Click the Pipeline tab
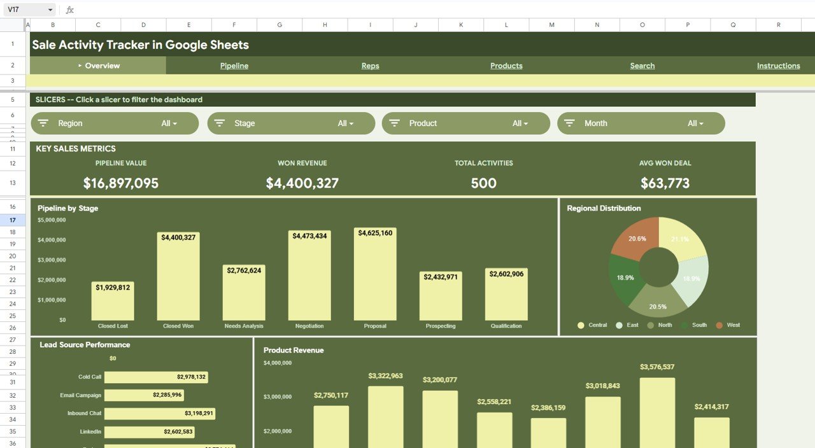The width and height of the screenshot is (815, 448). tap(234, 66)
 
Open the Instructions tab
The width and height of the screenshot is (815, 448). tap(778, 66)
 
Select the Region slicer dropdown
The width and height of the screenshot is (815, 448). tap(115, 123)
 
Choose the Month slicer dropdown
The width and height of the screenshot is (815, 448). tap(641, 123)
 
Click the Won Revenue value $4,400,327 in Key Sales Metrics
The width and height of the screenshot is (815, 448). tap(302, 183)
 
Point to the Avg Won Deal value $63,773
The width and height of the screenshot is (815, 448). tap(665, 183)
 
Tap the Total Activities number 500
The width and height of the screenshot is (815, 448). tap(483, 183)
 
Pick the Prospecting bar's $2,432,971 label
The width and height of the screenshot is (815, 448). tap(441, 277)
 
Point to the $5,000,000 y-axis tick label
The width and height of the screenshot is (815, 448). tap(52, 220)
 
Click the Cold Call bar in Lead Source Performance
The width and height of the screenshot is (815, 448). tap(155, 377)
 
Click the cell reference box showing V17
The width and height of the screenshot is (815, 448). tap(29, 10)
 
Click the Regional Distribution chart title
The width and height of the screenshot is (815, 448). tap(604, 208)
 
